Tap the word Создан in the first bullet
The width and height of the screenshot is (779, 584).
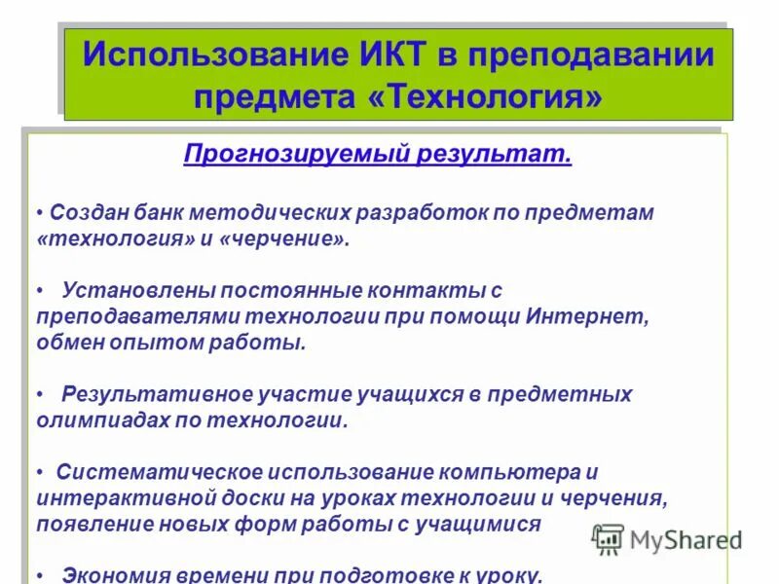click(x=86, y=211)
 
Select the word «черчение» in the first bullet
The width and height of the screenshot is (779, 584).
click(x=281, y=238)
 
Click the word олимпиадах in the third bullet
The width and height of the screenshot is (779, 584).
click(x=99, y=420)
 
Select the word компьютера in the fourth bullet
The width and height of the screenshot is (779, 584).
click(x=511, y=472)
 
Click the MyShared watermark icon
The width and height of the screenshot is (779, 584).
click(x=609, y=538)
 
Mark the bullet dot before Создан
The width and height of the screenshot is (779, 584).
click(x=39, y=212)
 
